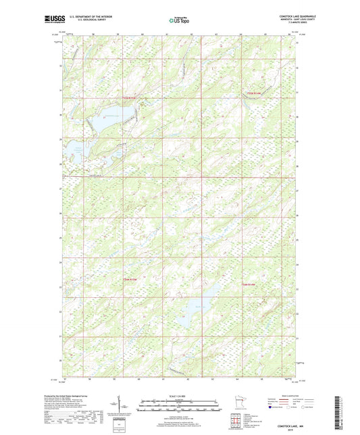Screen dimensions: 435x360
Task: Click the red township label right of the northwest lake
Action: tap(130, 99)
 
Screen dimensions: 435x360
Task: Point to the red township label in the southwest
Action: tap(130, 279)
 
